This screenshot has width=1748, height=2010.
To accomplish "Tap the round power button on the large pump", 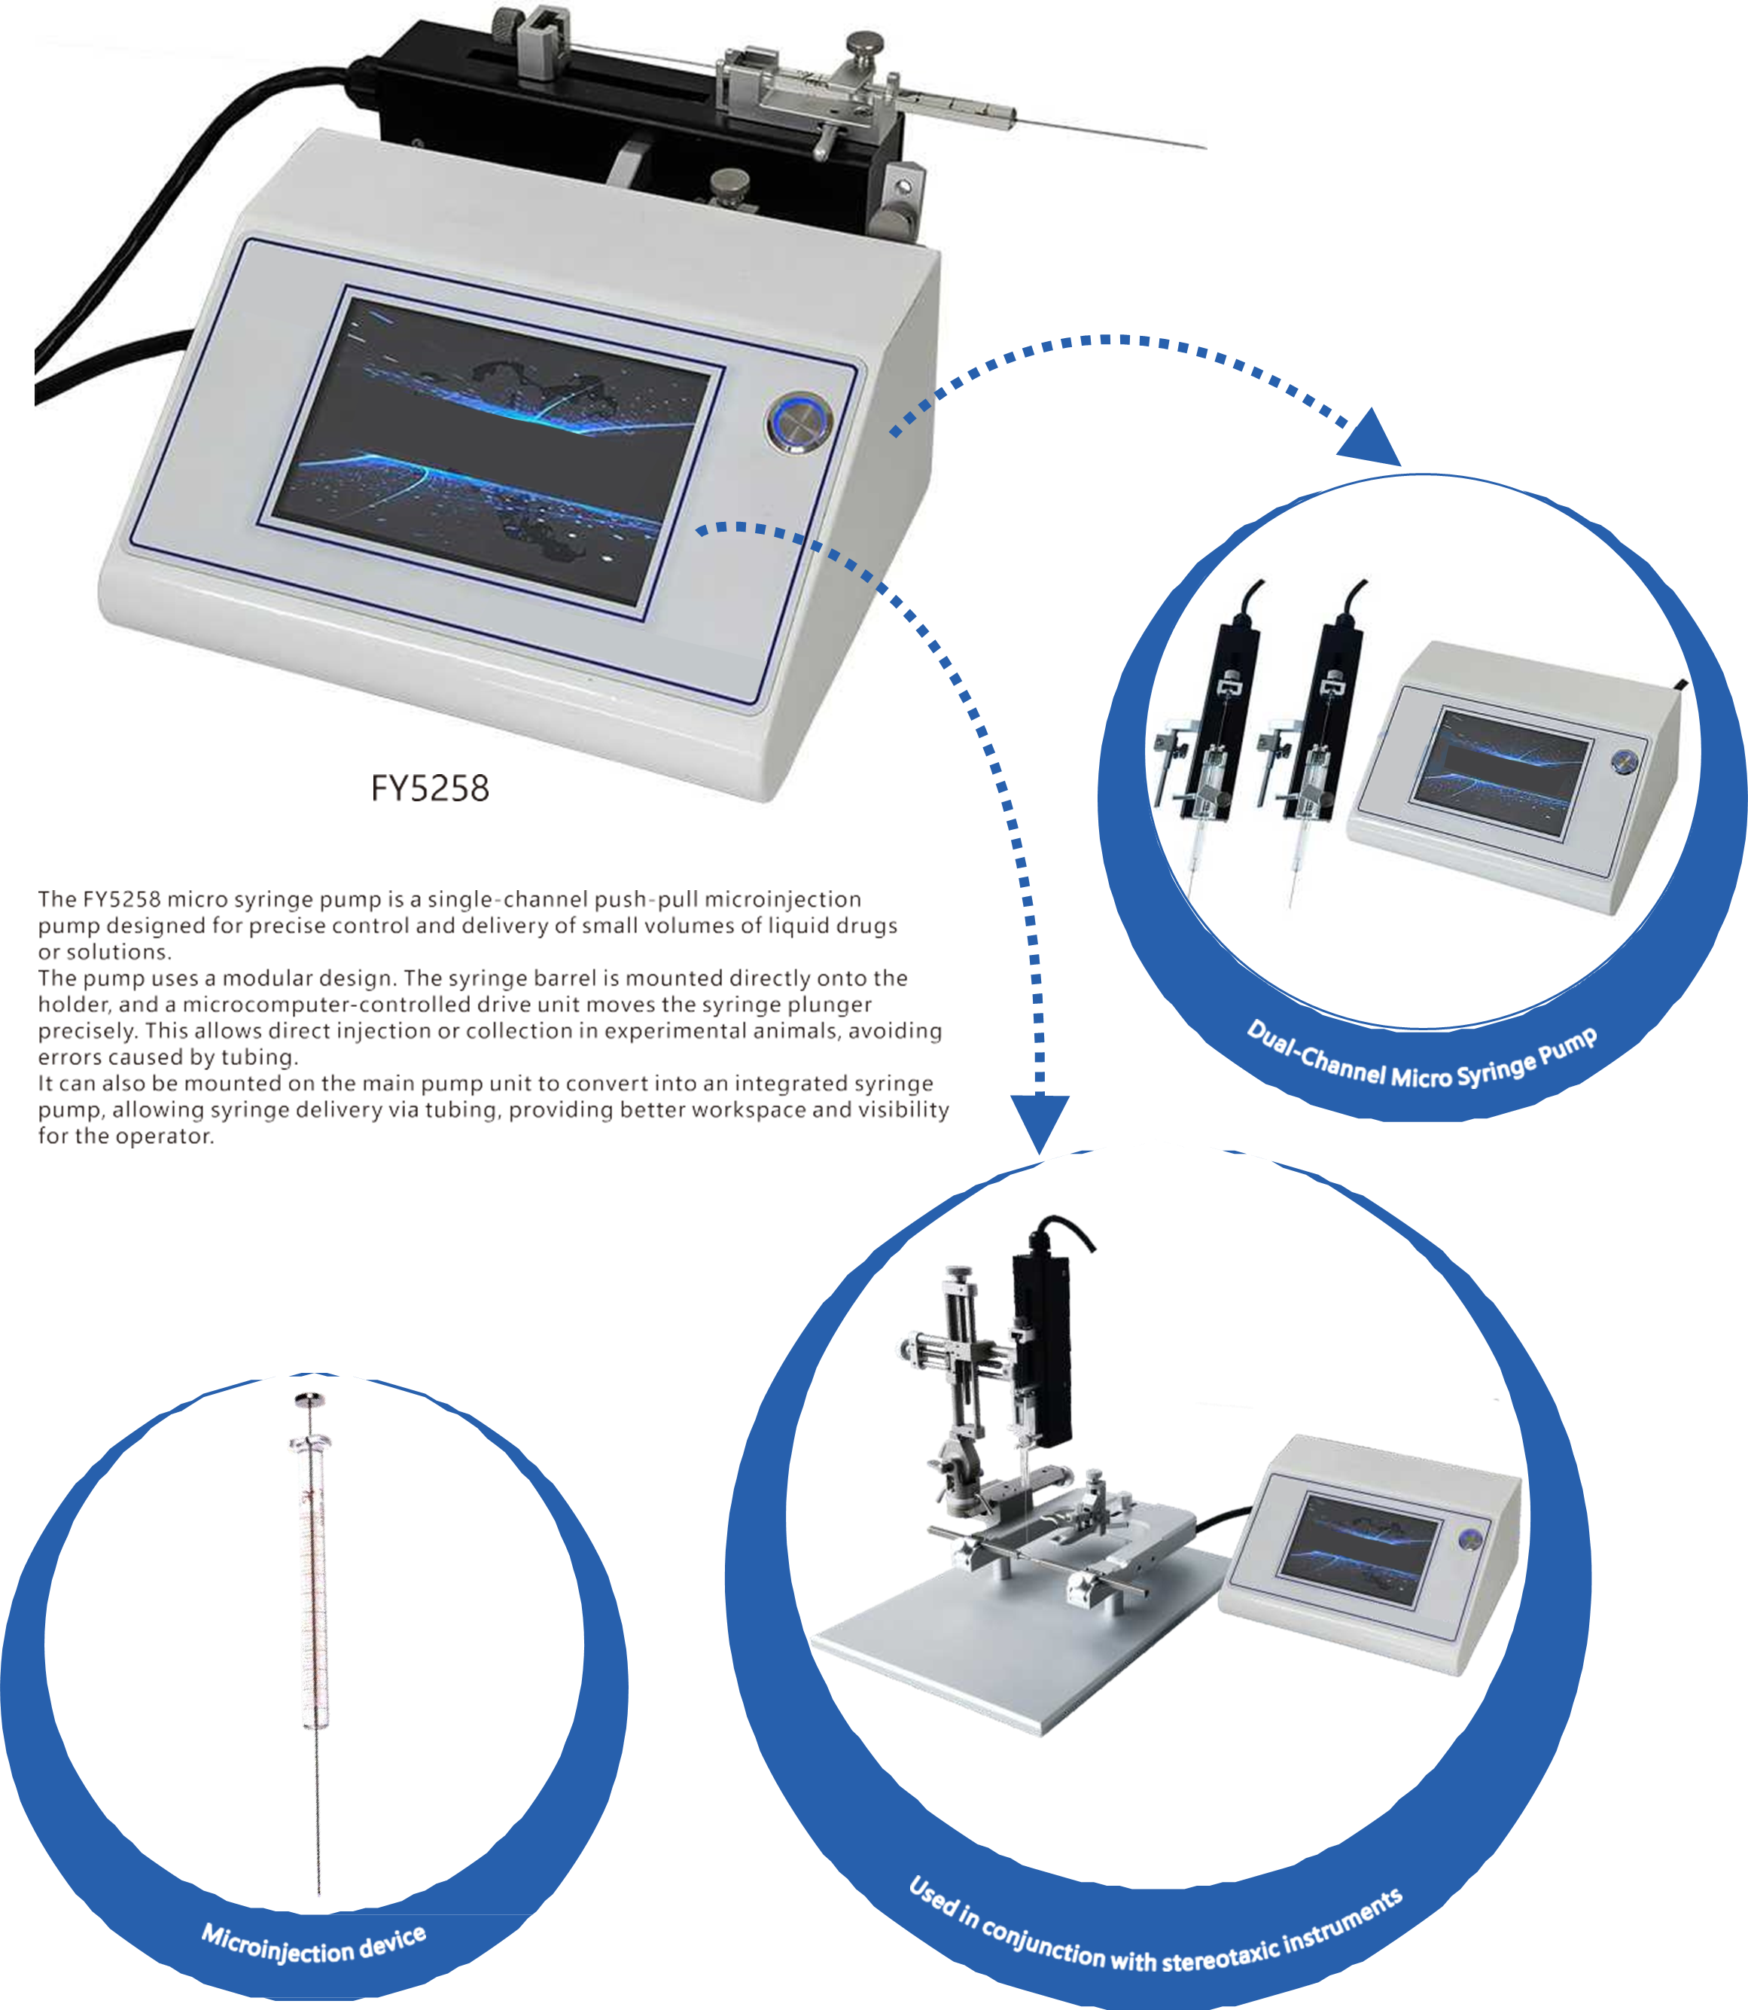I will pos(799,422).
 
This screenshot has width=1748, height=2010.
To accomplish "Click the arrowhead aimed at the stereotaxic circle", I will pos(1040,1123).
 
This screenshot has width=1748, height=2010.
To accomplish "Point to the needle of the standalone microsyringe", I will pos(318,1815).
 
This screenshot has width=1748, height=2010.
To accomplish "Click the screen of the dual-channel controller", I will pos(1502,771).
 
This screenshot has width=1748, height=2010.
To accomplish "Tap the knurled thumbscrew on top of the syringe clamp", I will pos(863,46).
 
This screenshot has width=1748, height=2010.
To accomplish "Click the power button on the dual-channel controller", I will pos(1623,762).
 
